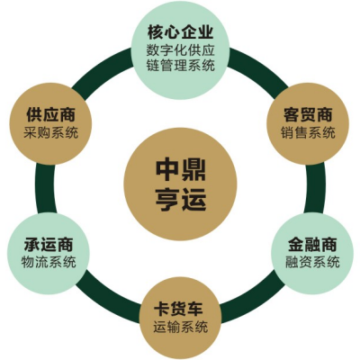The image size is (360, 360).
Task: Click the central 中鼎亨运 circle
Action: [x=180, y=184]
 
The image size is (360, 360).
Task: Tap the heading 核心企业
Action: [x=180, y=32]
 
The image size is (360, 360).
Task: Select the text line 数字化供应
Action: [x=180, y=49]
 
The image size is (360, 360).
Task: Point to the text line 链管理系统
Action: [x=180, y=66]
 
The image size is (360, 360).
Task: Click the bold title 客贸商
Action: [x=308, y=115]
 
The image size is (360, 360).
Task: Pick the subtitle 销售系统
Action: [x=308, y=132]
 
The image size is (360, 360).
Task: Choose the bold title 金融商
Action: [x=312, y=244]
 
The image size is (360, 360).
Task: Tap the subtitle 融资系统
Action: [x=312, y=262]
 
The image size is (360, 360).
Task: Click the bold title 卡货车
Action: [x=180, y=309]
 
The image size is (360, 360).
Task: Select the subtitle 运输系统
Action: [x=180, y=327]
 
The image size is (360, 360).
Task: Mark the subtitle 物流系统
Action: [x=49, y=262]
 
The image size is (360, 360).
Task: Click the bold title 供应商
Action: [x=50, y=115]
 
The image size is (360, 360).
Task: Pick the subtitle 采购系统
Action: [x=50, y=132]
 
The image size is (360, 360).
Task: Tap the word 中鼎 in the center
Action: [x=180, y=170]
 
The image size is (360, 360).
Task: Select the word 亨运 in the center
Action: [x=180, y=199]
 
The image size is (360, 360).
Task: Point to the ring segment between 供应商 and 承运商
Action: [x=44, y=188]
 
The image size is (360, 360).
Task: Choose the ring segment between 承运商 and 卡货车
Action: [x=107, y=301]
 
